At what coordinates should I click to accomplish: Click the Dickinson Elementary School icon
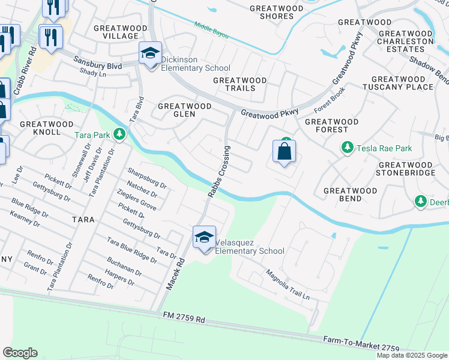pos(150,53)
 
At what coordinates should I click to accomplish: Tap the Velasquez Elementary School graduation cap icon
pos(204,238)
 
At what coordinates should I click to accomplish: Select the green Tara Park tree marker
pos(120,134)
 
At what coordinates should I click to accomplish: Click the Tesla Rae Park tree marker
pos(347,147)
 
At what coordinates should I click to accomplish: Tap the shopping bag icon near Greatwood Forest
pos(285,151)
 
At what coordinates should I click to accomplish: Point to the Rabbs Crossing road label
pos(219,171)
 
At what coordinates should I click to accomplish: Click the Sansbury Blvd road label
pos(98,62)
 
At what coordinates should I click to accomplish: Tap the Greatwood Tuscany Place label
pos(402,83)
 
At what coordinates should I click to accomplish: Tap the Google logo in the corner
pos(20,352)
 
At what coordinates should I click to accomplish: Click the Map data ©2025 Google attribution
pos(411,355)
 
